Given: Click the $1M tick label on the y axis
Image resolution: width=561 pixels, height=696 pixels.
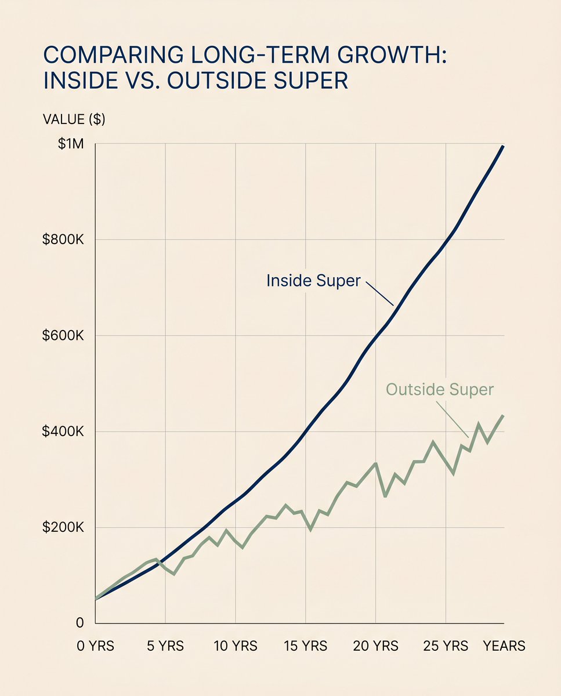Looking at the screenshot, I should (x=71, y=144).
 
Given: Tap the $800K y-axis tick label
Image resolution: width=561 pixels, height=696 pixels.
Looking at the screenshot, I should (x=63, y=240).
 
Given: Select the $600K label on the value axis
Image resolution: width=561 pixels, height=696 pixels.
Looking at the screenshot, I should (x=63, y=336).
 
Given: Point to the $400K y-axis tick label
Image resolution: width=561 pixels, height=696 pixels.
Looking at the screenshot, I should (x=63, y=432).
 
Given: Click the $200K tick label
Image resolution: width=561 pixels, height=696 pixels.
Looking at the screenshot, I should (x=63, y=528).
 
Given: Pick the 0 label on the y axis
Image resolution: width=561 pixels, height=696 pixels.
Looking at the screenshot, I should (x=79, y=623).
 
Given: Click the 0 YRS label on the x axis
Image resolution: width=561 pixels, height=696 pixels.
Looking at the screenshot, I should (x=96, y=646).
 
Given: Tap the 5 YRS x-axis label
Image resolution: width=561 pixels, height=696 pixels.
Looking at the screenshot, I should (x=165, y=646).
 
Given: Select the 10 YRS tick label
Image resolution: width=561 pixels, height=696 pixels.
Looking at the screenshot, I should (x=236, y=646).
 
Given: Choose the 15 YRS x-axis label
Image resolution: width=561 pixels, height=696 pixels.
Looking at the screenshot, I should (x=305, y=646).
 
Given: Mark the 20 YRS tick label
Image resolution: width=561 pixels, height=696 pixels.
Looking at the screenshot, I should (x=376, y=646).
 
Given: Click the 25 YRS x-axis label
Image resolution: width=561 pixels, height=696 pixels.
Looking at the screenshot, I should (x=446, y=646).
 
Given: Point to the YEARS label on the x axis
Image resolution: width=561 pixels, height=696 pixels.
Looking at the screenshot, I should (x=504, y=646).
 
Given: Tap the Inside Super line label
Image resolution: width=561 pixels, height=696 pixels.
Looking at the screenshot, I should (x=313, y=281).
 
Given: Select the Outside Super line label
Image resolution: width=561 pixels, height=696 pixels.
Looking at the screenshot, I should (x=439, y=389).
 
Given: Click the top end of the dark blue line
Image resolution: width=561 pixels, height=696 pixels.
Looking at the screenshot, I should (x=503, y=147).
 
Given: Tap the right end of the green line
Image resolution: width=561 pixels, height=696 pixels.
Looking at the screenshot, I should (x=503, y=416).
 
